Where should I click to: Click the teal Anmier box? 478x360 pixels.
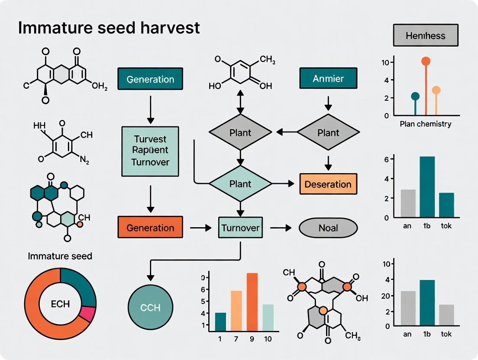328,79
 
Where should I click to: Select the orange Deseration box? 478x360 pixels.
328,184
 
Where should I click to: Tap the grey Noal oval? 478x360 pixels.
328,228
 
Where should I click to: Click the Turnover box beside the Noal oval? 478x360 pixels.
240,228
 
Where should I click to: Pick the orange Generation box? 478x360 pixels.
150,228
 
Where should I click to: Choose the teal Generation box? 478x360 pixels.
150,79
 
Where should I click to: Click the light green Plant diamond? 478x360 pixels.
240,184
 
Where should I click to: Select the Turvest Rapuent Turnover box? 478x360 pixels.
150,151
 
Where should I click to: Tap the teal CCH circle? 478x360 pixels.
151,308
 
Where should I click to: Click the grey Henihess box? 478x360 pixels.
426,35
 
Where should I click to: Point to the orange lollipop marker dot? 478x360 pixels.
426,61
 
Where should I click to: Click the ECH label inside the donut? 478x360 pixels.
60,304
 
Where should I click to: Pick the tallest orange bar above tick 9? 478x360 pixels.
252,302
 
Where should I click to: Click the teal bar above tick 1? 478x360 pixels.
220,321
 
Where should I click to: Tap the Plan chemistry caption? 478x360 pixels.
425,124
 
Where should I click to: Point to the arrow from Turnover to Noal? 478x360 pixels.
281,228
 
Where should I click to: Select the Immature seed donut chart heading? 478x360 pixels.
60,256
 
